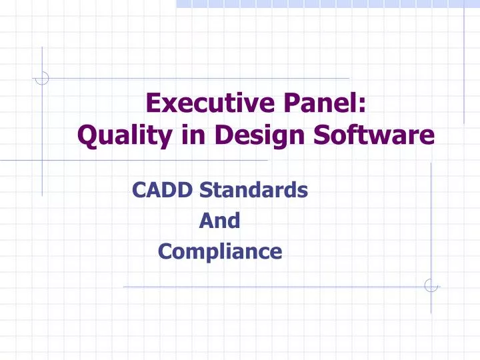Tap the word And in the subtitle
click(219, 221)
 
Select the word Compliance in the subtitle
click(219, 251)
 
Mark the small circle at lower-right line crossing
click(431, 285)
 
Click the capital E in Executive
click(153, 105)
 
